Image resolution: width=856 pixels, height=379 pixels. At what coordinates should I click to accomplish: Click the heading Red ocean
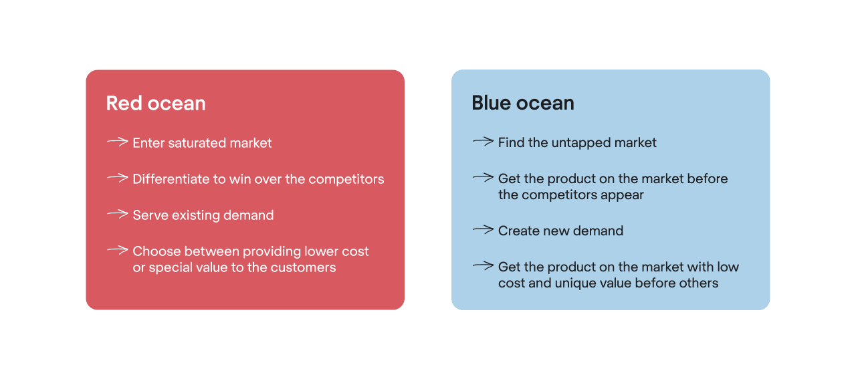point(156,103)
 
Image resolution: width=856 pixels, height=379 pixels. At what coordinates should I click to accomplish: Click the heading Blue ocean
point(523,103)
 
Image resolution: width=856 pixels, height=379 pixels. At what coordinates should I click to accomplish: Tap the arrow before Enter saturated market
point(117,142)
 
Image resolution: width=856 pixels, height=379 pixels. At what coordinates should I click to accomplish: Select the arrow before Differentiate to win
point(117,178)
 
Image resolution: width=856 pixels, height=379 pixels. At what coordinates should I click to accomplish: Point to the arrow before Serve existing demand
point(117,214)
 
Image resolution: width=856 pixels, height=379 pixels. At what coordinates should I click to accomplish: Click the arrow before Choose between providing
point(117,250)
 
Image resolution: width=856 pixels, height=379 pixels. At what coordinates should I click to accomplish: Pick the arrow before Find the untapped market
point(483,141)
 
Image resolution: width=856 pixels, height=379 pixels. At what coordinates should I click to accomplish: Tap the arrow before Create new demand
point(483,230)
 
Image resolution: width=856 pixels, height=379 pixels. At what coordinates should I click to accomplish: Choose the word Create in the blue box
point(518,231)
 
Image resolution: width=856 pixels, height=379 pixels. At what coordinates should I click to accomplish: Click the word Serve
point(150,215)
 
